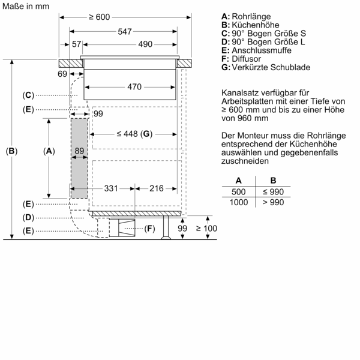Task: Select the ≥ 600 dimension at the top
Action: click(99, 17)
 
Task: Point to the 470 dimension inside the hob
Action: click(134, 87)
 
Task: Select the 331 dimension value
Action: click(110, 188)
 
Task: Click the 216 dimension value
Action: click(156, 188)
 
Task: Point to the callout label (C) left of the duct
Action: click(28, 95)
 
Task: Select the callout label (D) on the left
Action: click(28, 217)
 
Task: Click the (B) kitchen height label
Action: click(11, 152)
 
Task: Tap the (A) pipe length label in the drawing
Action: click(49, 152)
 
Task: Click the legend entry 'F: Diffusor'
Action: click(242, 59)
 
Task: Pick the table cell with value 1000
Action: click(239, 203)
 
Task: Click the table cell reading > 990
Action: click(273, 203)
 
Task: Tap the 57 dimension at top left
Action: click(76, 45)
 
